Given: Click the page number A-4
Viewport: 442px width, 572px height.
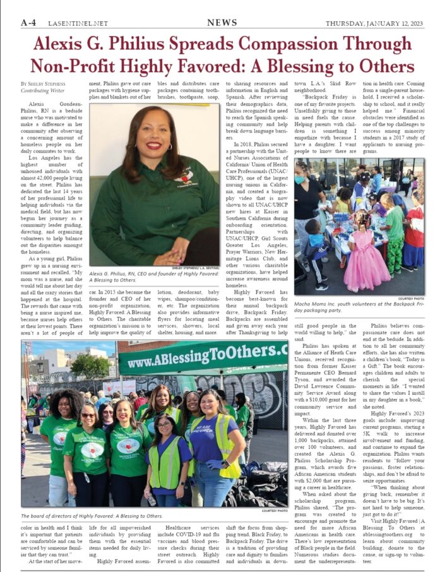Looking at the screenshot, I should pos(28,23).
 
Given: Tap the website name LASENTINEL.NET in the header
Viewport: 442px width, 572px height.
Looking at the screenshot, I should pos(81,24).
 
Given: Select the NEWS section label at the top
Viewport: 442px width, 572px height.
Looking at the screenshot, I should pos(222,23).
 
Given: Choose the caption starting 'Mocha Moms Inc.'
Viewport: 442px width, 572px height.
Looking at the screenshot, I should pos(358,307).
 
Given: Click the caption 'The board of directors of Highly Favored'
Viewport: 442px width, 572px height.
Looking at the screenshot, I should pos(92,516).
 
